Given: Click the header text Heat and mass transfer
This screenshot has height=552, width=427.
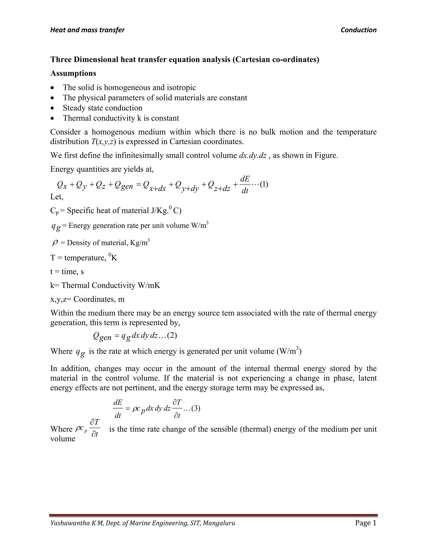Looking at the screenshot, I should [87, 30].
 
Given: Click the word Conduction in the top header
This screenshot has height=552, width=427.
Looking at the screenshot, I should [358, 30].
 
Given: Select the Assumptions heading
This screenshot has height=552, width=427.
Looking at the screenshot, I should [73, 73].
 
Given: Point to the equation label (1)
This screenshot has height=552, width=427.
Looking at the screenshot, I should [264, 184].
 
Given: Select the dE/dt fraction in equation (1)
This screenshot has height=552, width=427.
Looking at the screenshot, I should [245, 185].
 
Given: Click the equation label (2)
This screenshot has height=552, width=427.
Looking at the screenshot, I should [172, 335].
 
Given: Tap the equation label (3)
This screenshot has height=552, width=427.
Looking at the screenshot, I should [196, 408].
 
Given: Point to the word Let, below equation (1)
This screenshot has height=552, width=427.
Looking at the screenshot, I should [57, 197].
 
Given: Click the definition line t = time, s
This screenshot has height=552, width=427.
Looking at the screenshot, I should [67, 271].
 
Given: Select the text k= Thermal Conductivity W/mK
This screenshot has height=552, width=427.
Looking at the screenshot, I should [105, 285].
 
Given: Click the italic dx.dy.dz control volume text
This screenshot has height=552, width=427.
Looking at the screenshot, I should [252, 155].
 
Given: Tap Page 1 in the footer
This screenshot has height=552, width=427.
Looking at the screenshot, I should [365, 523].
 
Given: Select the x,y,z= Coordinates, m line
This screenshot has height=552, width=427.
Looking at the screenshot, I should [87, 299].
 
